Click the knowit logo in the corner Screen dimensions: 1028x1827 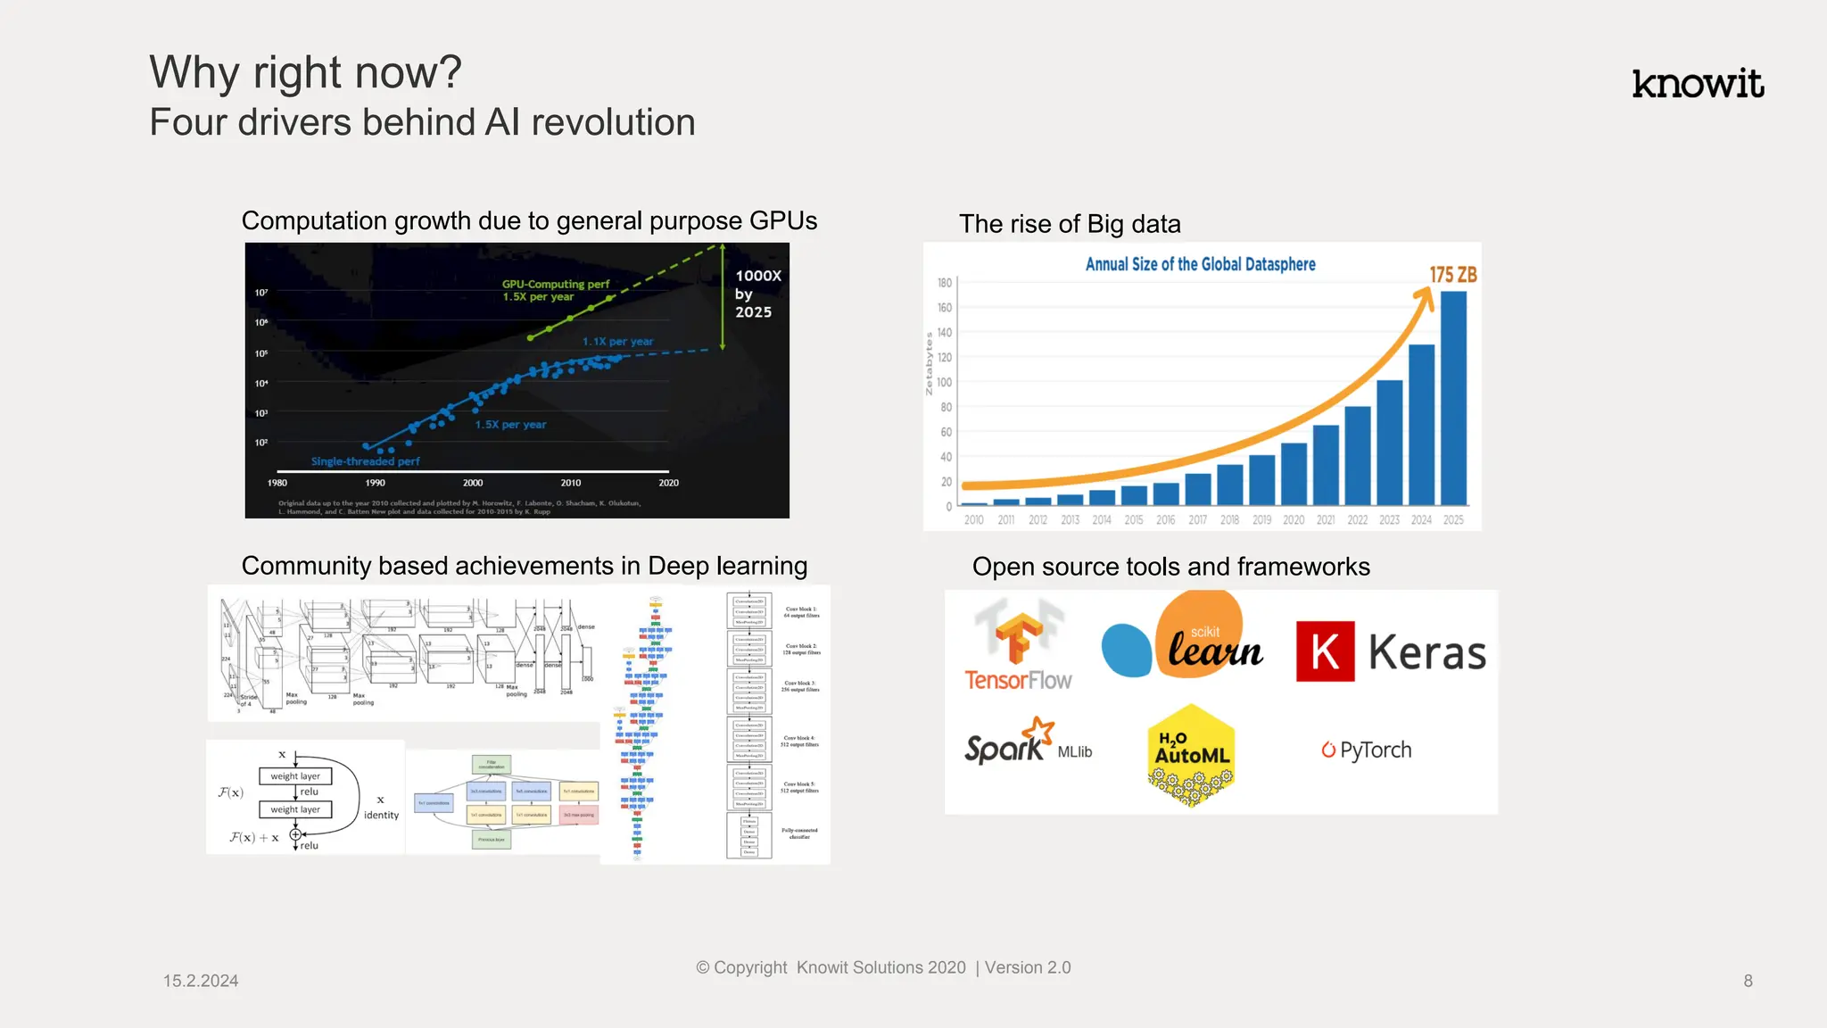click(x=1697, y=84)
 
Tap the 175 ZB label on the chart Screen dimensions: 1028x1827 click(x=1452, y=275)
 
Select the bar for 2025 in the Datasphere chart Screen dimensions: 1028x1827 click(x=1453, y=398)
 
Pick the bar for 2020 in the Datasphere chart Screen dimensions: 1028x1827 click(x=1294, y=474)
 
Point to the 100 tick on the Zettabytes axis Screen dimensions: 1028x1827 click(x=944, y=382)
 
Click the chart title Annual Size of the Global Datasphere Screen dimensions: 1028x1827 click(x=1200, y=264)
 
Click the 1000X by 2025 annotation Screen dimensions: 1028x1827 click(x=756, y=294)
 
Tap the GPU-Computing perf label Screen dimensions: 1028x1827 click(x=555, y=285)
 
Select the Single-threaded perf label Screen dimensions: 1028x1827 click(x=365, y=461)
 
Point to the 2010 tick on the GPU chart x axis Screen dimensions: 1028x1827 click(x=571, y=483)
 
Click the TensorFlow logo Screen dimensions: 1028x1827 click(x=1018, y=647)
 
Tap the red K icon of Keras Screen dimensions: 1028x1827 click(x=1325, y=651)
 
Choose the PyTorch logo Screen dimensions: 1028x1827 click(x=1367, y=750)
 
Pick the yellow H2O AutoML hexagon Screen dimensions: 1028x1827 click(x=1191, y=754)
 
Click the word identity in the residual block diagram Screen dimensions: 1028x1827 click(x=381, y=816)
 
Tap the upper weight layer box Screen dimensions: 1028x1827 click(x=295, y=776)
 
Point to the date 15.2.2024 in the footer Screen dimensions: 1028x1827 click(x=201, y=981)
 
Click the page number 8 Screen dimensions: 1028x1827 click(x=1748, y=981)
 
